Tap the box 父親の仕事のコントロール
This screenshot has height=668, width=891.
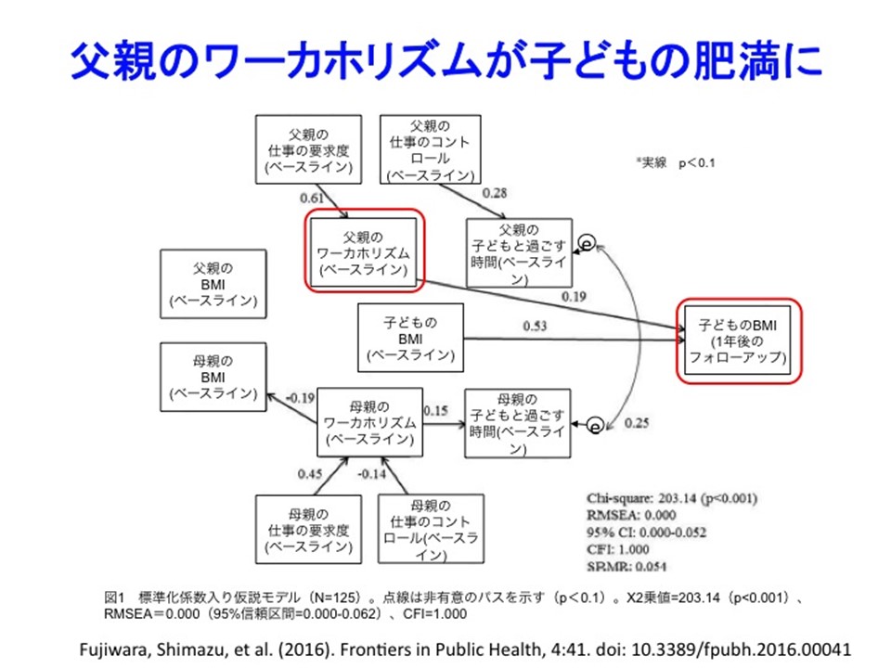click(431, 148)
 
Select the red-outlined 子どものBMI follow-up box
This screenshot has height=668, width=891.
click(737, 340)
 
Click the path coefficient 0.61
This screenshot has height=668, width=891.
click(312, 198)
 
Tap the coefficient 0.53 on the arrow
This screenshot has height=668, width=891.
click(535, 326)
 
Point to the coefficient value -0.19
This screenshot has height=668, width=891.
click(299, 397)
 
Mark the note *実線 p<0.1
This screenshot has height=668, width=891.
click(675, 162)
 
